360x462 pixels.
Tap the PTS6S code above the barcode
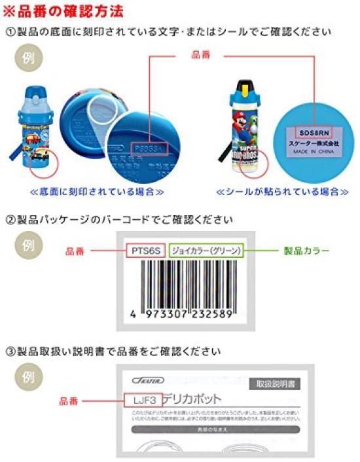click(145, 250)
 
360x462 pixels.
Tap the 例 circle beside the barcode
click(27, 246)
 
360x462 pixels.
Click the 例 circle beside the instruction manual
click(27, 378)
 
